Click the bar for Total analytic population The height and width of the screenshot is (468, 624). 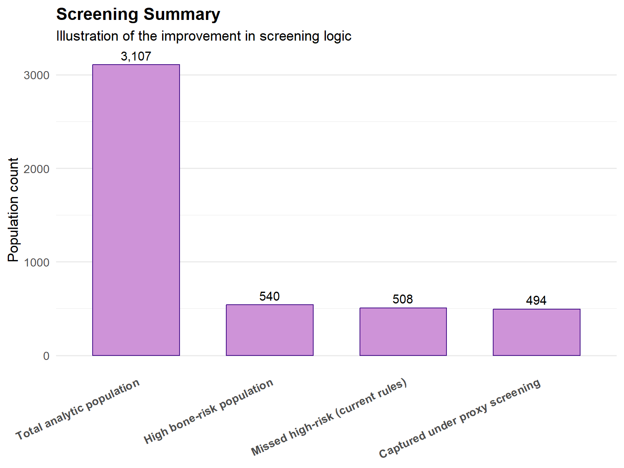point(136,210)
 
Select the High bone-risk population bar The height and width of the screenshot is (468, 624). point(269,330)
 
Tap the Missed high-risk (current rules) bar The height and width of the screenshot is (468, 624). point(403,331)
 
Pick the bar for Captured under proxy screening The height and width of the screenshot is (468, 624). point(536,332)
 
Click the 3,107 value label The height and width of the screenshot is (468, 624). point(136,56)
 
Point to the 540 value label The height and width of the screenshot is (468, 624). point(269,297)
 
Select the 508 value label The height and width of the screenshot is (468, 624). point(403,299)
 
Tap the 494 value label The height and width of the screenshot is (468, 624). point(536,301)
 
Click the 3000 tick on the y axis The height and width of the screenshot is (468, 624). point(37,75)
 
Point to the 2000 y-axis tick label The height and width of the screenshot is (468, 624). point(37,169)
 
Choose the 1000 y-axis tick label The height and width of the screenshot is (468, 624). point(37,262)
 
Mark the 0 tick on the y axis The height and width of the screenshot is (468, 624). point(46,356)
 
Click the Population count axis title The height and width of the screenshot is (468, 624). point(13,210)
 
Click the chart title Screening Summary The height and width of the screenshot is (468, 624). point(138,14)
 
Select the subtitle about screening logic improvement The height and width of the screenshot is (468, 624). point(204,36)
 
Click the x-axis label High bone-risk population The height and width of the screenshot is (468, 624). point(209,411)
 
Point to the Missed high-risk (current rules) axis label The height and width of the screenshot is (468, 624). point(329,417)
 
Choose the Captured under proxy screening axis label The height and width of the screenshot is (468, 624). point(460,418)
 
